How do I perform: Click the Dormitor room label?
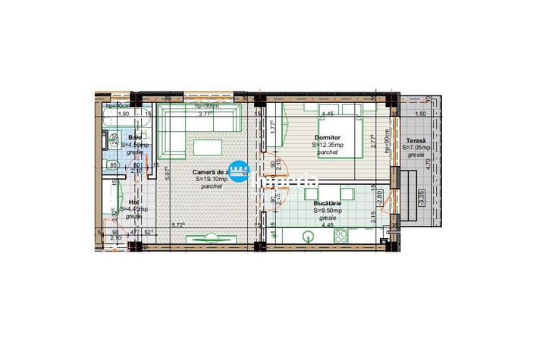coord(328,138)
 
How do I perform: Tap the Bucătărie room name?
coord(327,205)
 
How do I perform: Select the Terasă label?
coord(416,140)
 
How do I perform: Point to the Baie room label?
coord(133,137)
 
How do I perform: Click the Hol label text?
coord(133,202)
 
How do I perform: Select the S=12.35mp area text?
coord(328,146)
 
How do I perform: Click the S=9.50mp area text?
coord(327,211)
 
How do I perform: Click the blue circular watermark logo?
coord(239,171)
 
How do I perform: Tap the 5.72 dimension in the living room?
coord(179,225)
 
